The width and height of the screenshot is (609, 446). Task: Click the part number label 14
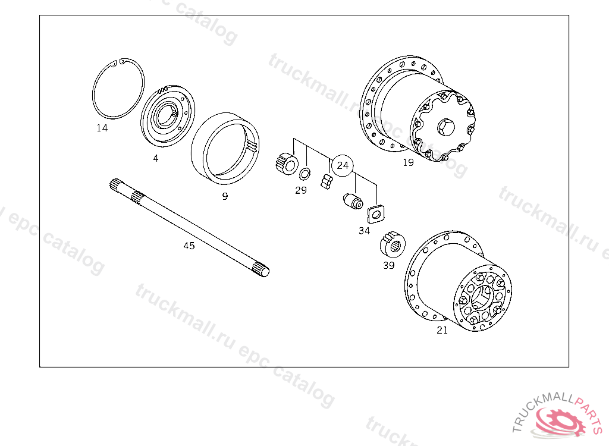(102, 128)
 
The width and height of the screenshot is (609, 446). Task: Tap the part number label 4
(156, 158)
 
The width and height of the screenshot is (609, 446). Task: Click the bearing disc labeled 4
(167, 116)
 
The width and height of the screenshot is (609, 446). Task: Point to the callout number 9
(225, 196)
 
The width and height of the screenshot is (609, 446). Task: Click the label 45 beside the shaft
(189, 246)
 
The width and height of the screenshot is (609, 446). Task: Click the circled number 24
(342, 165)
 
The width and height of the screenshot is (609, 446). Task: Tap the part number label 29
(301, 190)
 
